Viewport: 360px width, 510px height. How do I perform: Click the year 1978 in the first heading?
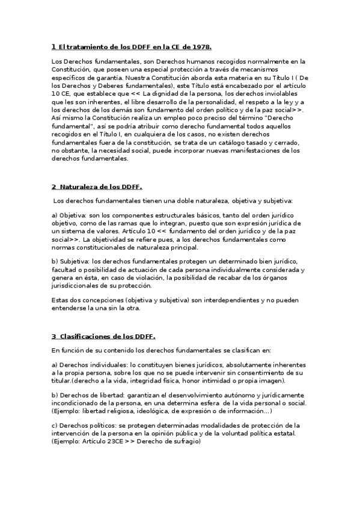[201, 46]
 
